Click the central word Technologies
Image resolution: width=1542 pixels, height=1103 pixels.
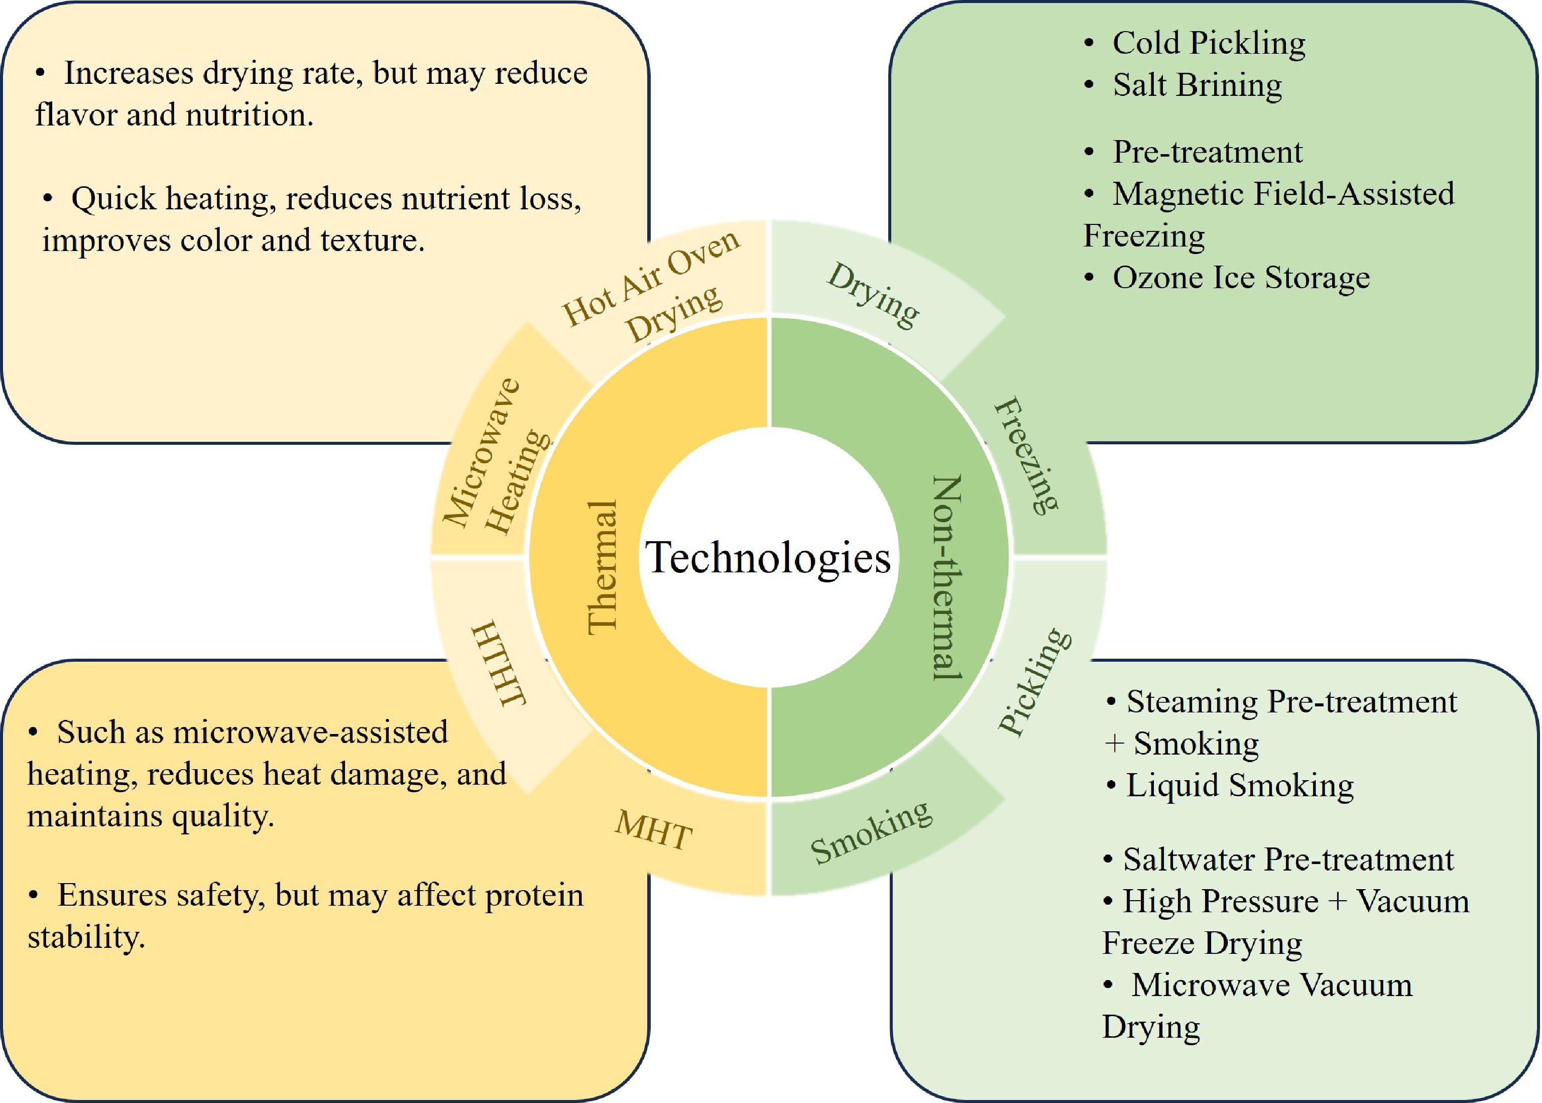point(768,558)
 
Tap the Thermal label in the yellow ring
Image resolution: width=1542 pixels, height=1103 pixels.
point(603,568)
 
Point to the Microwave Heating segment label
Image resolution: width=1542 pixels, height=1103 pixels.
point(496,456)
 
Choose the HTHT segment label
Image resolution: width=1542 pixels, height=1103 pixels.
point(499,663)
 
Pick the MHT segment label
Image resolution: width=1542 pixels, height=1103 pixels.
point(653,830)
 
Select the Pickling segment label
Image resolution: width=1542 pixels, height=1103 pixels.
point(1034,681)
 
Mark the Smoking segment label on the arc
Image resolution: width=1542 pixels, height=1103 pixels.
point(872,831)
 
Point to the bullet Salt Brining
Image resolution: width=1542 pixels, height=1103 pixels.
point(1197,85)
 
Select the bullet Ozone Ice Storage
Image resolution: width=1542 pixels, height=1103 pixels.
point(1240,278)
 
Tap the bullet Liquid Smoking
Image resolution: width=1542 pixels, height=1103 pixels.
point(1240,786)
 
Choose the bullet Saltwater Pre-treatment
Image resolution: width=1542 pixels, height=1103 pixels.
point(1288,860)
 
